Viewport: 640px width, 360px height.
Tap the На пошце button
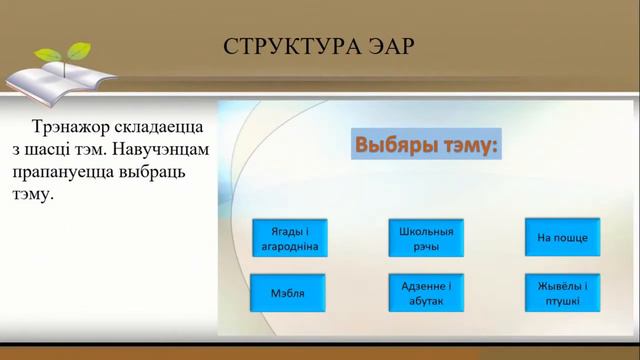[x=562, y=237]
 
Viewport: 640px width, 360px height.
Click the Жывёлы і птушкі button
[x=562, y=293]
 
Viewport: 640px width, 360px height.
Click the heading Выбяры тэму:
[x=425, y=147]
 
